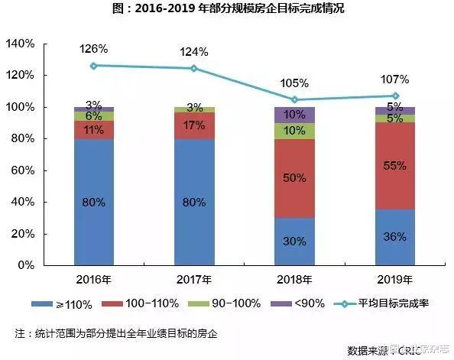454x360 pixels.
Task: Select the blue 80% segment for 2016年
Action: click(93, 202)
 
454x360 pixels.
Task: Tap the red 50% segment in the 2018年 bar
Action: click(294, 179)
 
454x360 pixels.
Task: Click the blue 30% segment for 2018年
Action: click(294, 241)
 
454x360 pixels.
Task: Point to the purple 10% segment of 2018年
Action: click(294, 115)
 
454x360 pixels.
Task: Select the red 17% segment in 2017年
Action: click(193, 125)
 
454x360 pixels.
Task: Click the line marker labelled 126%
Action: click(93, 66)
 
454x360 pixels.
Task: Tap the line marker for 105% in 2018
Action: click(294, 99)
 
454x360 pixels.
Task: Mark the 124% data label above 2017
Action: click(193, 52)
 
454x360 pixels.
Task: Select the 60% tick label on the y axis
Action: click(21, 170)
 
